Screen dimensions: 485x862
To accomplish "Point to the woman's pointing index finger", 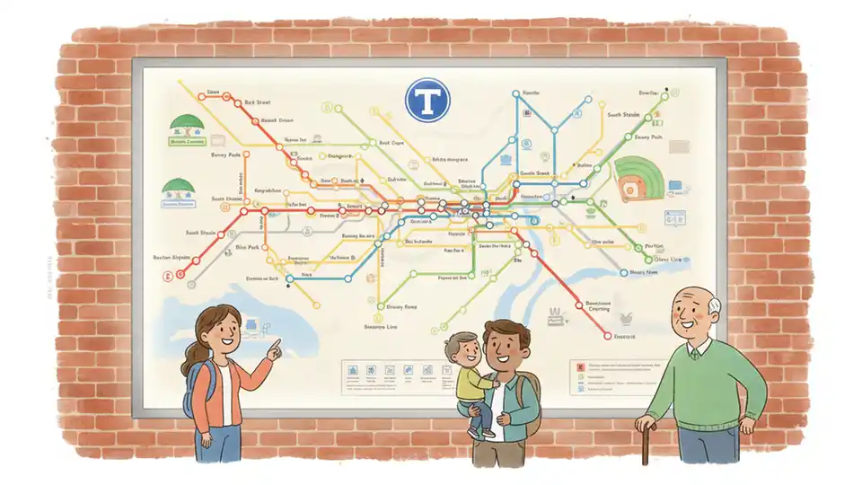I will [276, 342].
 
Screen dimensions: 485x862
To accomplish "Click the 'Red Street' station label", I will [257, 103].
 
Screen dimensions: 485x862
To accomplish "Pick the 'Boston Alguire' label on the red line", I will [173, 257].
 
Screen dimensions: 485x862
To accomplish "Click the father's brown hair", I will [506, 331].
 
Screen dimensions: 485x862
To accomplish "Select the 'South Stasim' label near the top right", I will [626, 115].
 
